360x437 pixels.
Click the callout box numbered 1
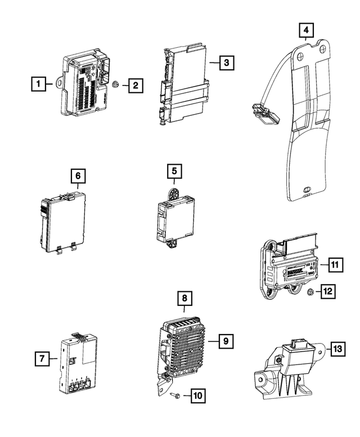click(38, 85)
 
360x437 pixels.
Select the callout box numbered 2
click(135, 85)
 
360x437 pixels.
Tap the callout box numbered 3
click(226, 63)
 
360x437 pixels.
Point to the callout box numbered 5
click(174, 170)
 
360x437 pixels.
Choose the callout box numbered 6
click(78, 176)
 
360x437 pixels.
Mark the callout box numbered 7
click(41, 357)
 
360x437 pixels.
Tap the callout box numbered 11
click(335, 264)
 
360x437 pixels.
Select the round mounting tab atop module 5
click(174, 193)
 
